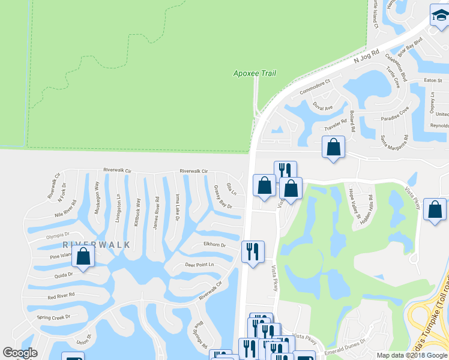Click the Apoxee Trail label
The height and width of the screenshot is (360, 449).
pos(254,73)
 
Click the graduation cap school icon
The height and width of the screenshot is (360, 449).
pos(439,17)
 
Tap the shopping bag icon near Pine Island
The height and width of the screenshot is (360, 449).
pos(83,257)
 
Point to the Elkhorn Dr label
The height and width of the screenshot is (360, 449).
pos(214,245)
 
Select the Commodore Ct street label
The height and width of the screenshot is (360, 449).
pos(315,89)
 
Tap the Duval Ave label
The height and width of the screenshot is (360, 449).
pos(322,107)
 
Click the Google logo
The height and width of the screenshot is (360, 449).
pos(20,353)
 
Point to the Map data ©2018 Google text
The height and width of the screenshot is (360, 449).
pos(411,355)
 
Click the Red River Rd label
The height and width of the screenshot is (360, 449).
pos(61,295)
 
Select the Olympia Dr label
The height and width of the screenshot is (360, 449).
pos(58,236)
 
